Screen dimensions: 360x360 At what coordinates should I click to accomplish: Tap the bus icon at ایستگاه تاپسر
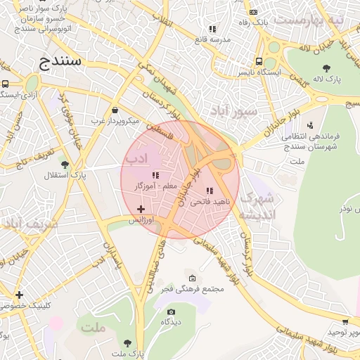[x=259, y=61]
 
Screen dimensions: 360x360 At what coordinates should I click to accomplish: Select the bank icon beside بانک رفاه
[x=252, y=12]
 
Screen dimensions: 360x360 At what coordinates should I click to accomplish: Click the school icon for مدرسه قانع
[x=212, y=29]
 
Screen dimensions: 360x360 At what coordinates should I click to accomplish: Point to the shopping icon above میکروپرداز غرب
[x=115, y=110]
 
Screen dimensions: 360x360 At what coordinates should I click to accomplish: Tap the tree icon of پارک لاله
[x=327, y=67]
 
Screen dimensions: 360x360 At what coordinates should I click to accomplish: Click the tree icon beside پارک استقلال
[x=65, y=165]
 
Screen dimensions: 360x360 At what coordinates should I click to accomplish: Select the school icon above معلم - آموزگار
[x=155, y=174]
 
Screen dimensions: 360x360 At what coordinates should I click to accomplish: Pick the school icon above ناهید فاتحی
[x=209, y=191]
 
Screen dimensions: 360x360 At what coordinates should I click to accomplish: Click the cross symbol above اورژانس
[x=141, y=209]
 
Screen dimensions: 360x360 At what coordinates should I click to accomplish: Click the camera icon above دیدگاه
[x=170, y=311]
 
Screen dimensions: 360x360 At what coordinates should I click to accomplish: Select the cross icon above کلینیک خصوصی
[x=19, y=295]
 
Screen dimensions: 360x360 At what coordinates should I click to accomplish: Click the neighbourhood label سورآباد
[x=236, y=111]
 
